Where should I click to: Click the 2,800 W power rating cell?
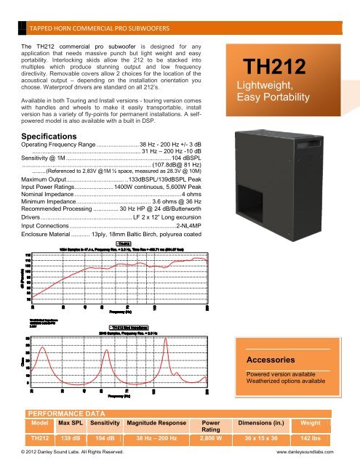coord(211,440)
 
